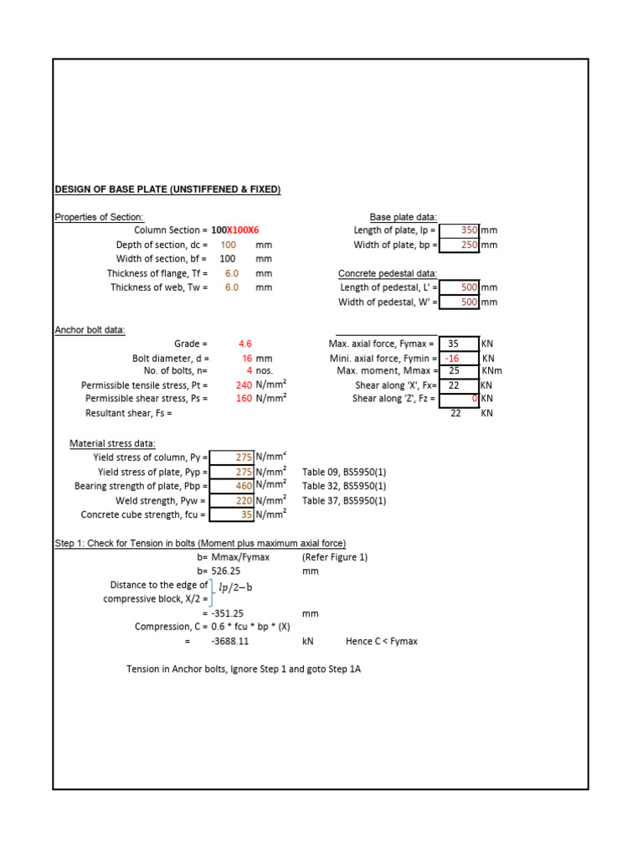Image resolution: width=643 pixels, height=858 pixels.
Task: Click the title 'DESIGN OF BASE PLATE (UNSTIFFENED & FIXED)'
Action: click(x=167, y=190)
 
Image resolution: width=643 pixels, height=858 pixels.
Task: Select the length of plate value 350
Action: click(x=469, y=230)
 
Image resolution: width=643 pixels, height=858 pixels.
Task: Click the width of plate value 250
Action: click(x=469, y=245)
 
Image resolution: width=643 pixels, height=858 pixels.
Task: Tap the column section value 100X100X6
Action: click(x=235, y=230)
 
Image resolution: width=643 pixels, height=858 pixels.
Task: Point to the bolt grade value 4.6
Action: click(x=245, y=344)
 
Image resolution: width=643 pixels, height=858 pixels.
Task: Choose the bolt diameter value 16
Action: click(x=247, y=358)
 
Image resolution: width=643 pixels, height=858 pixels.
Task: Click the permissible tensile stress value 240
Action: click(x=244, y=385)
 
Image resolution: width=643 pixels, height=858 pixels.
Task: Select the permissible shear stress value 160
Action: click(x=244, y=399)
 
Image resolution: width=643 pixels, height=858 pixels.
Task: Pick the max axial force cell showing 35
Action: click(x=454, y=344)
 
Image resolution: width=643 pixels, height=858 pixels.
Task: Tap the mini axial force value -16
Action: click(x=453, y=358)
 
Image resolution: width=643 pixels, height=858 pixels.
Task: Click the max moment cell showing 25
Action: click(x=454, y=370)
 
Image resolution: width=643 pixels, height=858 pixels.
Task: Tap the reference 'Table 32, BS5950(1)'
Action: click(x=344, y=486)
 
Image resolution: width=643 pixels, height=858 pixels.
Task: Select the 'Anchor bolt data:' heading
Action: click(x=90, y=330)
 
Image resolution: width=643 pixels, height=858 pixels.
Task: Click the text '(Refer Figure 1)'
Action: click(x=335, y=557)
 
